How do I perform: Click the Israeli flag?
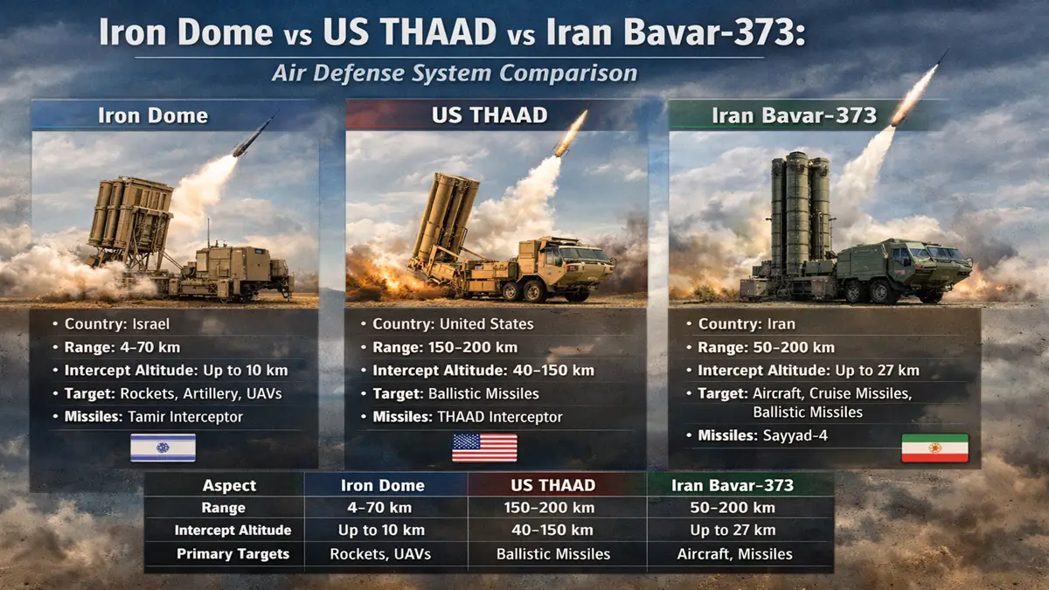click(163, 448)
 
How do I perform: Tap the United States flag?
click(484, 448)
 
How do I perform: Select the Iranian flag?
click(934, 448)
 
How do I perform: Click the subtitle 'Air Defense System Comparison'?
click(455, 73)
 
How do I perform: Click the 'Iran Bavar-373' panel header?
click(806, 115)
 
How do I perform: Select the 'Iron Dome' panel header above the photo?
click(153, 115)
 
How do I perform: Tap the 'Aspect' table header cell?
click(229, 485)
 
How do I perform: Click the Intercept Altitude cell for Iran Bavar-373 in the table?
click(733, 530)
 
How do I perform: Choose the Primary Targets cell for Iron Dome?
click(380, 553)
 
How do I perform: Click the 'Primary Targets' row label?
click(233, 553)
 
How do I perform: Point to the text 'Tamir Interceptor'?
click(185, 417)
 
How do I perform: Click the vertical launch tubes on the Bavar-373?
click(799, 210)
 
